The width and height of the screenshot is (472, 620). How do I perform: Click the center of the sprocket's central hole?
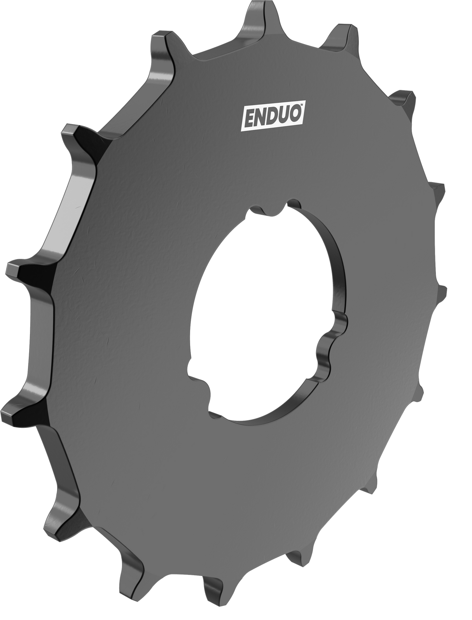point(268,311)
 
